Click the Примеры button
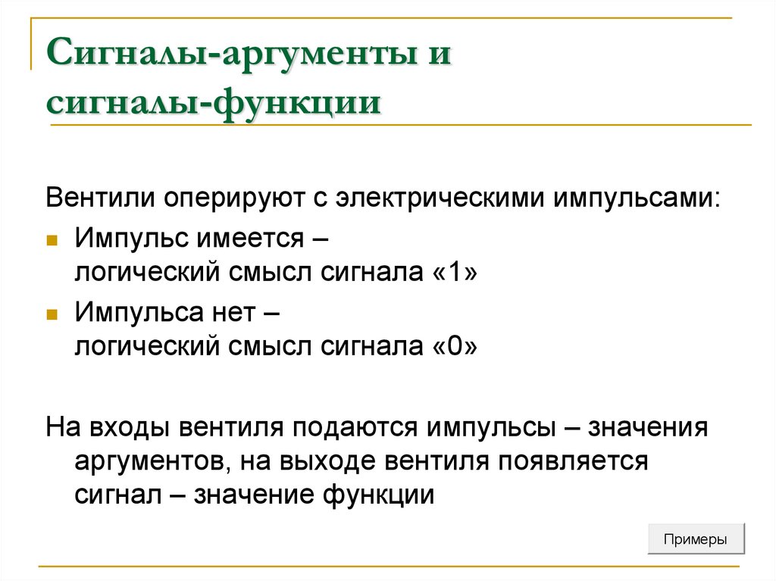coord(696,540)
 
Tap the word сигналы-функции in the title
coord(213,104)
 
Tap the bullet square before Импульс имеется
coord(52,240)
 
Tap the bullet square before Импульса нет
coord(52,313)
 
